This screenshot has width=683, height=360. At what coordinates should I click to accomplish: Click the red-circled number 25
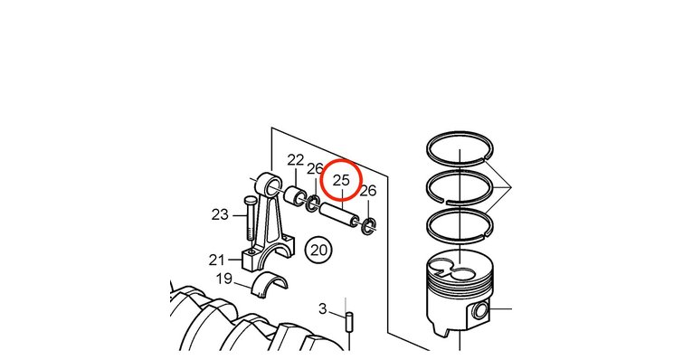(x=341, y=180)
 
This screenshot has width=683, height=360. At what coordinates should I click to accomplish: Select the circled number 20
(x=318, y=250)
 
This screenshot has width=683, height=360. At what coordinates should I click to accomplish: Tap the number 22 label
(x=295, y=160)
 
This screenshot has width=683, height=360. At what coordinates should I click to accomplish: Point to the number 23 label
(x=220, y=214)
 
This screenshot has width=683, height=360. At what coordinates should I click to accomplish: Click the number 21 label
(x=217, y=260)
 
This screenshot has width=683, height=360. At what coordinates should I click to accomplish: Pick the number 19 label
(x=224, y=279)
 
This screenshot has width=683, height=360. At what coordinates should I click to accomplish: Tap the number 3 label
(x=322, y=308)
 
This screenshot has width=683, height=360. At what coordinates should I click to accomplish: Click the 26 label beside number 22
(x=315, y=168)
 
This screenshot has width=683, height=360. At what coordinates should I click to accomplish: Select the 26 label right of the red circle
(x=368, y=190)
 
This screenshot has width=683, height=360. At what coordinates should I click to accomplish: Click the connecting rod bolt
(x=250, y=219)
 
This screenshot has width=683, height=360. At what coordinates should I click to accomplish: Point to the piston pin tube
(x=340, y=215)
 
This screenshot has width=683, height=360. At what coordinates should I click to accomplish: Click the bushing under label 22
(x=294, y=195)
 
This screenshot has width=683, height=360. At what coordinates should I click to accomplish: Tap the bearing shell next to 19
(x=270, y=284)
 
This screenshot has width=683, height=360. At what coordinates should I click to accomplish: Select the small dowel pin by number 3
(x=349, y=322)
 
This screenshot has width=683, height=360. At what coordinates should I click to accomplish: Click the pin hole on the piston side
(x=481, y=310)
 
